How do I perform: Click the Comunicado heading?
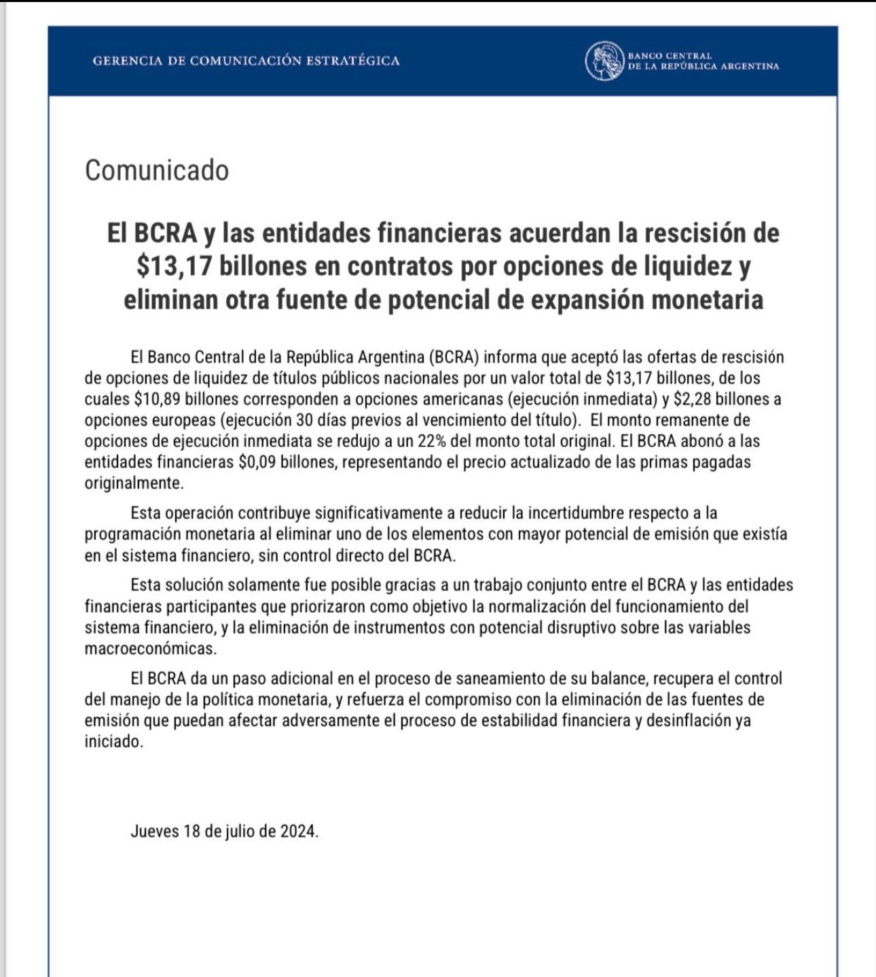[x=157, y=170]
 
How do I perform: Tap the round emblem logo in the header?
[x=604, y=60]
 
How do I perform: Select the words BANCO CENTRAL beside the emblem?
[x=670, y=55]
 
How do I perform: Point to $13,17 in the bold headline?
[x=171, y=266]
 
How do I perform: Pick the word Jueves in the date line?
[x=154, y=831]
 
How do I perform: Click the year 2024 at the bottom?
[x=298, y=831]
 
